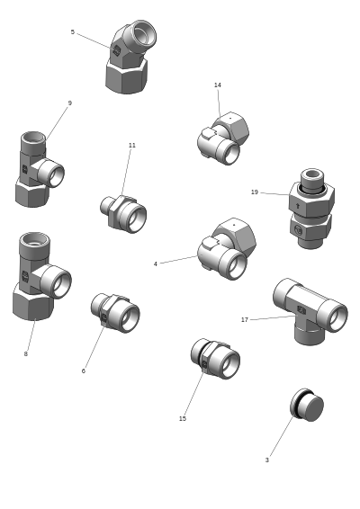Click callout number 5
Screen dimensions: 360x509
73,32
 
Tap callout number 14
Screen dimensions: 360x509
218,85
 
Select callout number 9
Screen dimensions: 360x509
70,103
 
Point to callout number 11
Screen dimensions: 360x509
132,145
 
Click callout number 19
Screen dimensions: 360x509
255,192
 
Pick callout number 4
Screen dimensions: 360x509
156,263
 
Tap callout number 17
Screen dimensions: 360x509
245,320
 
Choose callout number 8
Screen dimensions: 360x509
26,353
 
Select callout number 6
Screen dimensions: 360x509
84,371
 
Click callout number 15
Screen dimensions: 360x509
183,419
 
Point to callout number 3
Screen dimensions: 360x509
267,460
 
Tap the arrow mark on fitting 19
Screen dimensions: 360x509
298,205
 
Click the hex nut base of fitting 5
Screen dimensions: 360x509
126,77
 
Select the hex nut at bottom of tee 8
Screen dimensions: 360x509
32,302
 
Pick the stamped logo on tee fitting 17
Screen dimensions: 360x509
301,310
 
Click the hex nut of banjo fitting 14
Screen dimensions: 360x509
232,128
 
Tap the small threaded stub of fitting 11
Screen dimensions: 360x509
105,205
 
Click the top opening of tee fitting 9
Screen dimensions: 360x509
33,137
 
